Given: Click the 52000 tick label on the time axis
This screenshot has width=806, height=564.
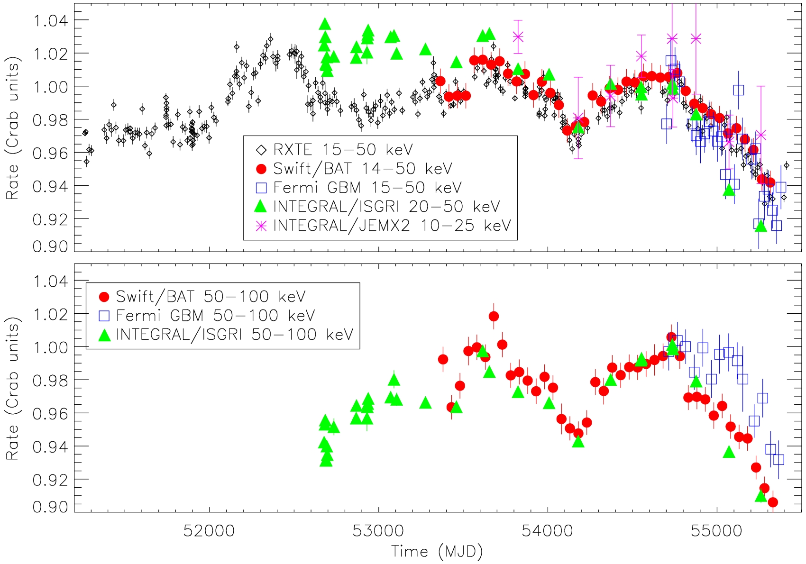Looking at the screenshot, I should pos(209,531).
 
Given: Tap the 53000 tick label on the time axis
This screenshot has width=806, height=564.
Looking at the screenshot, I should pos(378,531).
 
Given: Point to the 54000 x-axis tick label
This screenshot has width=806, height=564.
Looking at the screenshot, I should pos(548,531).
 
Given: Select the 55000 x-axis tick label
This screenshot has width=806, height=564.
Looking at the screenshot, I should pos(716,531).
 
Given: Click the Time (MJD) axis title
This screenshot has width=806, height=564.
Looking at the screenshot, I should pos(437,552).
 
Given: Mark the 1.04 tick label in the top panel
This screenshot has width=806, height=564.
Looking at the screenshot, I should pos(50,20).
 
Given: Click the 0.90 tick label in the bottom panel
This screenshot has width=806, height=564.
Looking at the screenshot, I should pos(50,507).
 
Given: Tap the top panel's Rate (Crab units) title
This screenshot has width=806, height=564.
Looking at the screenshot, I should pos(12,128).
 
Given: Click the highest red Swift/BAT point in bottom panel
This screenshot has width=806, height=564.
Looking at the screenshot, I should pos(494,316).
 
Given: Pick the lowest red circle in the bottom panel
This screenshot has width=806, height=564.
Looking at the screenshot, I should pos(773,502).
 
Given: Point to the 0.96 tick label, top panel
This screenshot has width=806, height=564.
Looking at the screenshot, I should pos(50,153).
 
